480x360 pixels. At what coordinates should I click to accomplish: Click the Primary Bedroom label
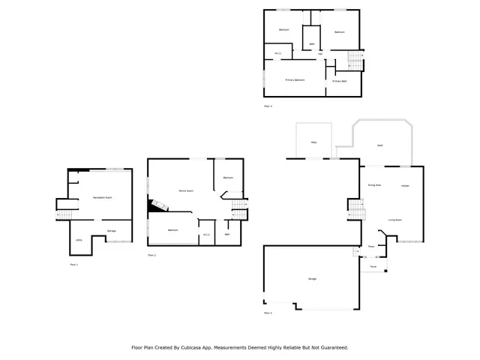295,79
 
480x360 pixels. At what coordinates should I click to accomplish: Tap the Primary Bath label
340,80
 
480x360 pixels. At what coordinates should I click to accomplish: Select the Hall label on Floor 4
320,54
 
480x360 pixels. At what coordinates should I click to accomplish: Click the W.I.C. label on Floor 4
277,53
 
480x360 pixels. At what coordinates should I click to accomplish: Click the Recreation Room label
103,196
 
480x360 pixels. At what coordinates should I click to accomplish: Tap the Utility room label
79,240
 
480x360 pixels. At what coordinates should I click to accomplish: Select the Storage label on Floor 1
111,230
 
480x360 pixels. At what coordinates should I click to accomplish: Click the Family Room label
185,190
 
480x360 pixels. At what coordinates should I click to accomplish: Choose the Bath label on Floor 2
227,234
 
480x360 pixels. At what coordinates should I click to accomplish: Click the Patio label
313,142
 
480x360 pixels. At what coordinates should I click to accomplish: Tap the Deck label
380,145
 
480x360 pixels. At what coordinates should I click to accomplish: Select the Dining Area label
374,184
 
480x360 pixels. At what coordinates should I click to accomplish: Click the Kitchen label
405,185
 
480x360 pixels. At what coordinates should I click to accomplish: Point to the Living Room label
395,220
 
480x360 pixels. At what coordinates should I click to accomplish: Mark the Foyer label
371,246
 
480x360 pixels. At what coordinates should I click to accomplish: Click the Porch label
373,266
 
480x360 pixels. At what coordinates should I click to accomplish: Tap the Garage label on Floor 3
311,279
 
